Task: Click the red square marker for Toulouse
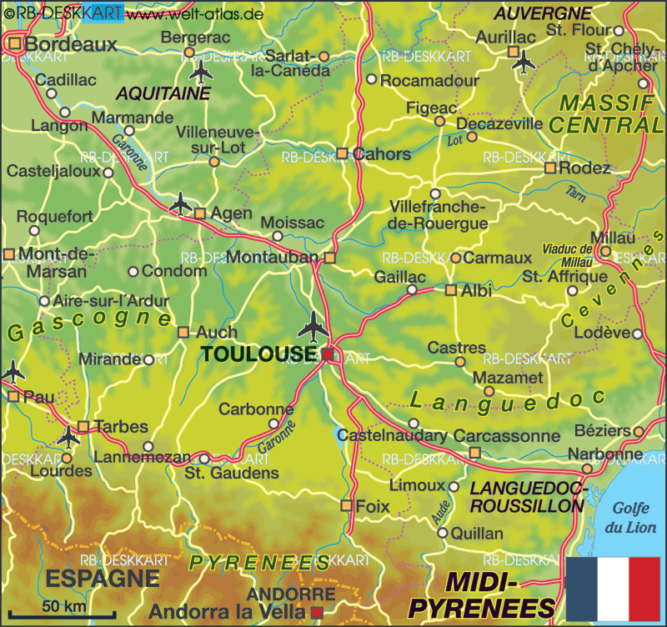tap(328, 355)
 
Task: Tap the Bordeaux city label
tap(70, 44)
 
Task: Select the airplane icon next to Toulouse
tap(313, 326)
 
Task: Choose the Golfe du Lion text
tap(631, 517)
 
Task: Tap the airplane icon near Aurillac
tap(524, 61)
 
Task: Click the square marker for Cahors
tap(342, 153)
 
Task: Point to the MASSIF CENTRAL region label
tap(607, 114)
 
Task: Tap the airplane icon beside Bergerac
tap(201, 72)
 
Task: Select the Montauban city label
tap(273, 257)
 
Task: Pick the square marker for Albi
tap(451, 290)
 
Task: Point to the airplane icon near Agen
tap(179, 203)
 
